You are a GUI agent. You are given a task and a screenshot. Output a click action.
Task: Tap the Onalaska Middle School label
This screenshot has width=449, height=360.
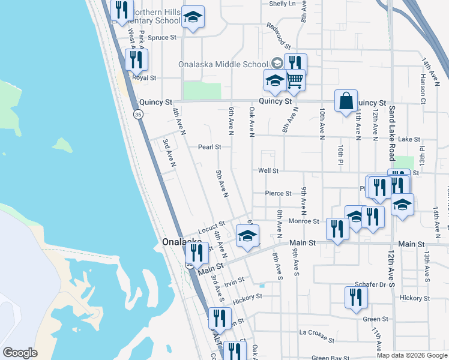[223, 65]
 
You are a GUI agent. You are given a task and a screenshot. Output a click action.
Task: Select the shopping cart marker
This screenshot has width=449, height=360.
[294, 80]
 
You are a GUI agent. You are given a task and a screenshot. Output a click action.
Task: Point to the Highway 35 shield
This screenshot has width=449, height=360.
[137, 115]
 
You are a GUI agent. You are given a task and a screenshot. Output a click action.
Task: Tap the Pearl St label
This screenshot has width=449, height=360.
[210, 146]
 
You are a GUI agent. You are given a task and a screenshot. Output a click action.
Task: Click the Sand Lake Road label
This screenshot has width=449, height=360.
[392, 133]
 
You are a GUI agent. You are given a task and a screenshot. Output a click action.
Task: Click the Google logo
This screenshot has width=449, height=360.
[20, 353]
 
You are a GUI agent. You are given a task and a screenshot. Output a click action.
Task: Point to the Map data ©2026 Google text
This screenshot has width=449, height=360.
[412, 355]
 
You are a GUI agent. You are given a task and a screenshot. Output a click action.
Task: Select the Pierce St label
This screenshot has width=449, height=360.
[279, 194]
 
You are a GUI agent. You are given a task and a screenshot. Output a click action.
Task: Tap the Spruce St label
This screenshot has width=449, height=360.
[162, 37]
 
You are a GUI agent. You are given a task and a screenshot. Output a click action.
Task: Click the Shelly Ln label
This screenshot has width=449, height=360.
[283, 4]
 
